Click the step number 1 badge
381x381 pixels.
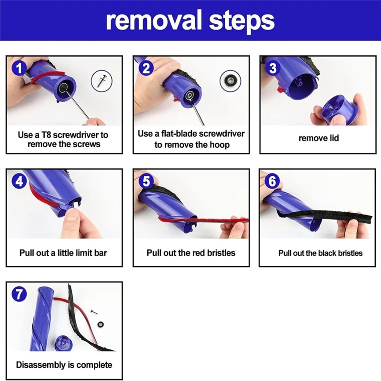point(19,68)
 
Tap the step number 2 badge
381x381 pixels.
point(146,68)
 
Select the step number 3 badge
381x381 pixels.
point(273,68)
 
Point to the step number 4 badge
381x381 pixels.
point(19,181)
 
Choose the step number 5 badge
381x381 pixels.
point(146,181)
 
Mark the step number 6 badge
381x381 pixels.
point(272,181)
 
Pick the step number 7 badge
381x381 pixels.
point(19,294)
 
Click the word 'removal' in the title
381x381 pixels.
point(154,20)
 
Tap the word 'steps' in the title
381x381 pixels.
point(241,22)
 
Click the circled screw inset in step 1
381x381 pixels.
point(101,81)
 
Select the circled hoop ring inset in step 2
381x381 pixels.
point(231,81)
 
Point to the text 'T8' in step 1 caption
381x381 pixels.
point(46,135)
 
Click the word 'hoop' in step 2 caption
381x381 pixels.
point(220,145)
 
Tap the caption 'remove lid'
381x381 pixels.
point(319,138)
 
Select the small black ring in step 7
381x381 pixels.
point(100,324)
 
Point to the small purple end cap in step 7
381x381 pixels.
point(63,343)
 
